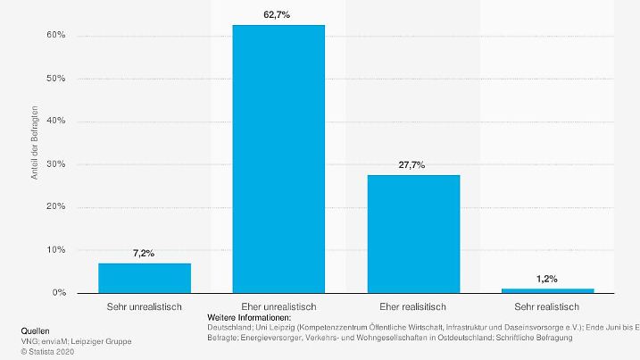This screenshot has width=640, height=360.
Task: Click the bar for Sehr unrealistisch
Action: pos(144,278)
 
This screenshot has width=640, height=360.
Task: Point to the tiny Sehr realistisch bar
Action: pos(547,290)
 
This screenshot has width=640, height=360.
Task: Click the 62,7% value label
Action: pos(278,15)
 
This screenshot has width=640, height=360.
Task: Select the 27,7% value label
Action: pos(413,165)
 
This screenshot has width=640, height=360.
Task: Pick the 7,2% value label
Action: pos(144,254)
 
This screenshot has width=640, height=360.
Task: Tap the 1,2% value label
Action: pos(547,280)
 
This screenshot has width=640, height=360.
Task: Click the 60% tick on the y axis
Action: pos(56,36)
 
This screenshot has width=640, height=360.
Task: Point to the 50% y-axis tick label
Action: pos(56,79)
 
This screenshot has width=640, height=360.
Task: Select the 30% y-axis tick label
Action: pos(56,164)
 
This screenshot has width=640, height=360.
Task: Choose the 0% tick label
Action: pos(59,293)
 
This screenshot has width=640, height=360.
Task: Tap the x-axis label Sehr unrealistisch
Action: pos(144,306)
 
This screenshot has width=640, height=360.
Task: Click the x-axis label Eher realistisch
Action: pos(413,306)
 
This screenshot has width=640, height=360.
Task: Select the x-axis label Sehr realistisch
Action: pos(547,306)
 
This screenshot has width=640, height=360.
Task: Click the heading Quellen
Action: pos(35,330)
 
